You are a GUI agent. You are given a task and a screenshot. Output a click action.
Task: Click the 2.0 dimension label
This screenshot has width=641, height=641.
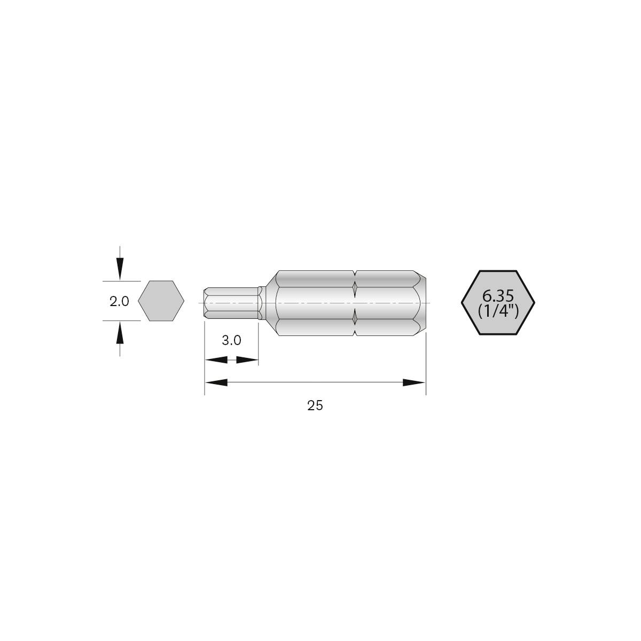coord(119,301)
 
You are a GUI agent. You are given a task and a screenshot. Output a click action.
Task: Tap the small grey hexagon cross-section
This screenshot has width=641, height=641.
coord(161,301)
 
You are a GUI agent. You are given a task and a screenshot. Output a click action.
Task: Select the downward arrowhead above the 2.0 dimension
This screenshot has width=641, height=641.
coord(120,268)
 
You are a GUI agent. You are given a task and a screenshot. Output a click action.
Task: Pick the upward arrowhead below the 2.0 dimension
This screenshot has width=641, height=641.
coord(120,334)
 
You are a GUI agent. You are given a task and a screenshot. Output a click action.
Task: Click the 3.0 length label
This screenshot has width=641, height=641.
coord(231,340)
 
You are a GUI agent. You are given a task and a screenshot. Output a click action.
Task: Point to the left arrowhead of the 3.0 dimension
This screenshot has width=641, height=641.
coord(216,360)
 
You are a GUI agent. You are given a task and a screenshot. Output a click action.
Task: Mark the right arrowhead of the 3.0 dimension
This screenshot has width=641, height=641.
coord(247,360)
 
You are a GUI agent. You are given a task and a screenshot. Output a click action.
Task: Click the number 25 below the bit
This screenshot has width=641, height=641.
coord(315,405)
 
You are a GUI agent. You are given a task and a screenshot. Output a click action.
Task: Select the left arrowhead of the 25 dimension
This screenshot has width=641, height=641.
coord(216,382)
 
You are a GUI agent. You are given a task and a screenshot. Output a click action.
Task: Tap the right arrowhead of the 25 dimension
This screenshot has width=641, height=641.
coord(414,382)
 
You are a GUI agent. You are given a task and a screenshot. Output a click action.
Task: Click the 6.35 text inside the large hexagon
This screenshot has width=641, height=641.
coord(498,295)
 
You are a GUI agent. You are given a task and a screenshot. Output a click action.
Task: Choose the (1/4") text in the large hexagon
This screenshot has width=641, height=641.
coord(498,311)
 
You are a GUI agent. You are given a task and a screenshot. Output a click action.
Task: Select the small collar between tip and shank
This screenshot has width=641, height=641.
coord(261,303)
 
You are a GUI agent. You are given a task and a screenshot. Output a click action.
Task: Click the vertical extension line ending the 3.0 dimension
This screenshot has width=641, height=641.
coord(259,347)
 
